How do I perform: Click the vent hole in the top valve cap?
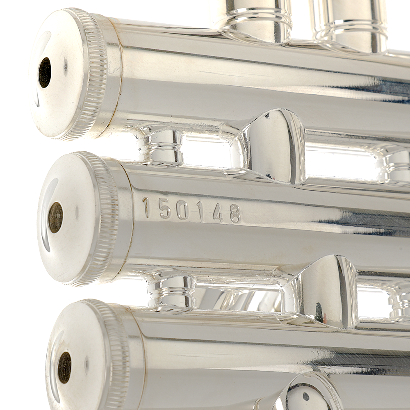click(x=44, y=73)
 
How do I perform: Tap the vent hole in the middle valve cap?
click(x=55, y=218)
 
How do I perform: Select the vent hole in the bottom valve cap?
click(x=64, y=367)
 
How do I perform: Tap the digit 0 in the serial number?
click(x=182, y=211)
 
